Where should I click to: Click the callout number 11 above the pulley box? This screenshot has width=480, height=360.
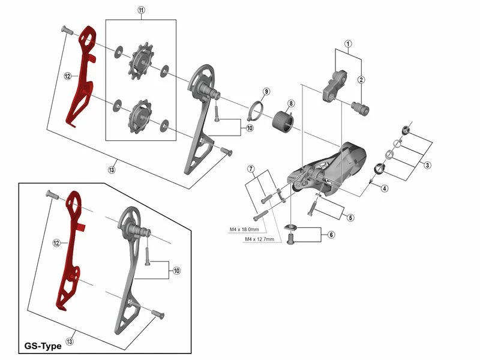[x=141, y=11]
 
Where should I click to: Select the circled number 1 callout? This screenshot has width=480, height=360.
[x=347, y=43]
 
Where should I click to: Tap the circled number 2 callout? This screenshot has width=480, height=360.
[x=361, y=80]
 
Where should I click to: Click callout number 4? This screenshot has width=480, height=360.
[x=383, y=187]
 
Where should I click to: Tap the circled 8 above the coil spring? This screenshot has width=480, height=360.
[x=290, y=103]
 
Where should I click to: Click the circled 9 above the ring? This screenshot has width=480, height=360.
[x=266, y=91]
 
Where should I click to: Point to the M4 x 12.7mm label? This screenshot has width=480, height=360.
[x=259, y=239]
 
